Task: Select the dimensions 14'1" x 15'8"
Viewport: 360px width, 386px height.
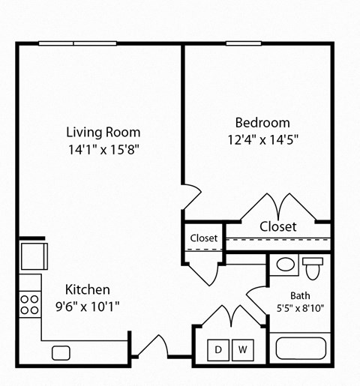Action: [103, 148]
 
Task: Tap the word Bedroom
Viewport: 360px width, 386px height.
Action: [262, 123]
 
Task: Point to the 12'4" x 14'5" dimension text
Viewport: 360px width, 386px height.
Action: [262, 139]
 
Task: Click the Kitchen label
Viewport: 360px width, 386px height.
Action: [88, 289]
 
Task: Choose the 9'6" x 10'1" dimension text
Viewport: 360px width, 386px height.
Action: [88, 306]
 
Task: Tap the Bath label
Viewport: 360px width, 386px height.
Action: [300, 295]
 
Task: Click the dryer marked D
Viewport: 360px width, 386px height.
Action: [220, 349]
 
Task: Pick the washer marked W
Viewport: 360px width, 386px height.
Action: [242, 349]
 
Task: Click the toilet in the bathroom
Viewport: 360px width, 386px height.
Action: [313, 266]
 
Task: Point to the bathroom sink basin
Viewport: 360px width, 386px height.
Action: [285, 265]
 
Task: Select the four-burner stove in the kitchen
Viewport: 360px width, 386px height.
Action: [29, 304]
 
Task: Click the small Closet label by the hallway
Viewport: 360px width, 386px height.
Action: [203, 238]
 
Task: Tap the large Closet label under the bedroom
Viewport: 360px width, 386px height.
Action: [277, 226]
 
